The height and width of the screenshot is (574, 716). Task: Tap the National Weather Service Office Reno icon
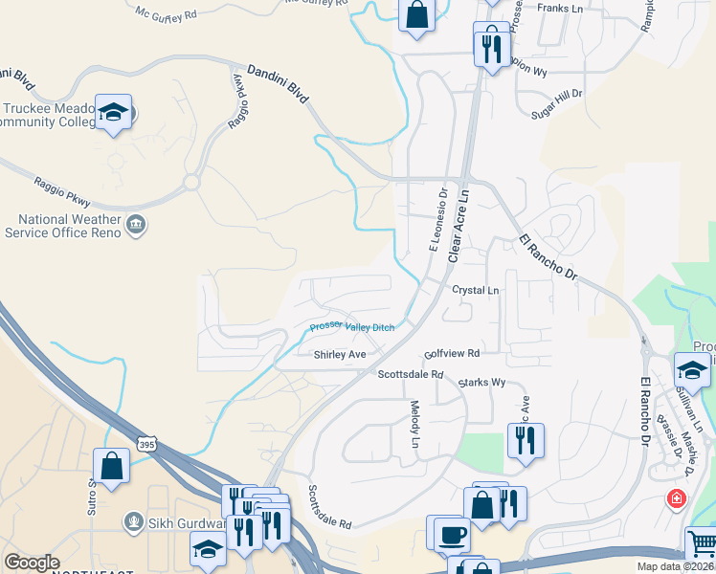pyautogui.click(x=136, y=225)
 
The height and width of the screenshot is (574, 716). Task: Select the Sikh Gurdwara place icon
pyautogui.click(x=134, y=522)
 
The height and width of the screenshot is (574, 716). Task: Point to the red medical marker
pyautogui.click(x=677, y=499)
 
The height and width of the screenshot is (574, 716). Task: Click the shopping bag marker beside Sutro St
pyautogui.click(x=112, y=466)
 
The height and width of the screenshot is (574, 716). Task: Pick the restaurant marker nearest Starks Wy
pyautogui.click(x=525, y=440)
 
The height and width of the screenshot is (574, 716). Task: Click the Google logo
pyautogui.click(x=32, y=563)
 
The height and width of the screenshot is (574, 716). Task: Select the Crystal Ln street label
pyautogui.click(x=476, y=290)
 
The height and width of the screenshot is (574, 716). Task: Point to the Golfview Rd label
pyautogui.click(x=452, y=352)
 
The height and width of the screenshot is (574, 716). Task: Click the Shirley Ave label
pyautogui.click(x=340, y=355)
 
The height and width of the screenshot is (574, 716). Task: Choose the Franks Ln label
pyautogui.click(x=562, y=8)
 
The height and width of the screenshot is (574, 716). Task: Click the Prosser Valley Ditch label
pyautogui.click(x=351, y=328)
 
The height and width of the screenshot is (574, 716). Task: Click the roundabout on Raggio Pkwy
pyautogui.click(x=191, y=181)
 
